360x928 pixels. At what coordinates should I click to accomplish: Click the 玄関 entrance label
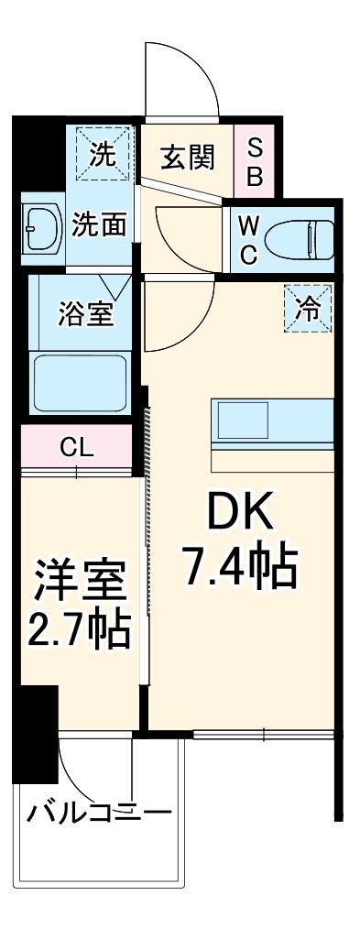click(x=188, y=158)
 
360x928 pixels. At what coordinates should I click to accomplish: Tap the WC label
click(x=247, y=241)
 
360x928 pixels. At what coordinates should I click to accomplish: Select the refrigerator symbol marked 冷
click(x=309, y=309)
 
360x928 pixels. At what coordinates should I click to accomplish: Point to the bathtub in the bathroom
click(x=80, y=384)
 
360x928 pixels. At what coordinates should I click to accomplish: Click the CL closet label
click(x=76, y=447)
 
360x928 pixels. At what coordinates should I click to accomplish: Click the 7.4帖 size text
click(x=240, y=568)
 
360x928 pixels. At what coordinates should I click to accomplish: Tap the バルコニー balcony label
click(x=98, y=812)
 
